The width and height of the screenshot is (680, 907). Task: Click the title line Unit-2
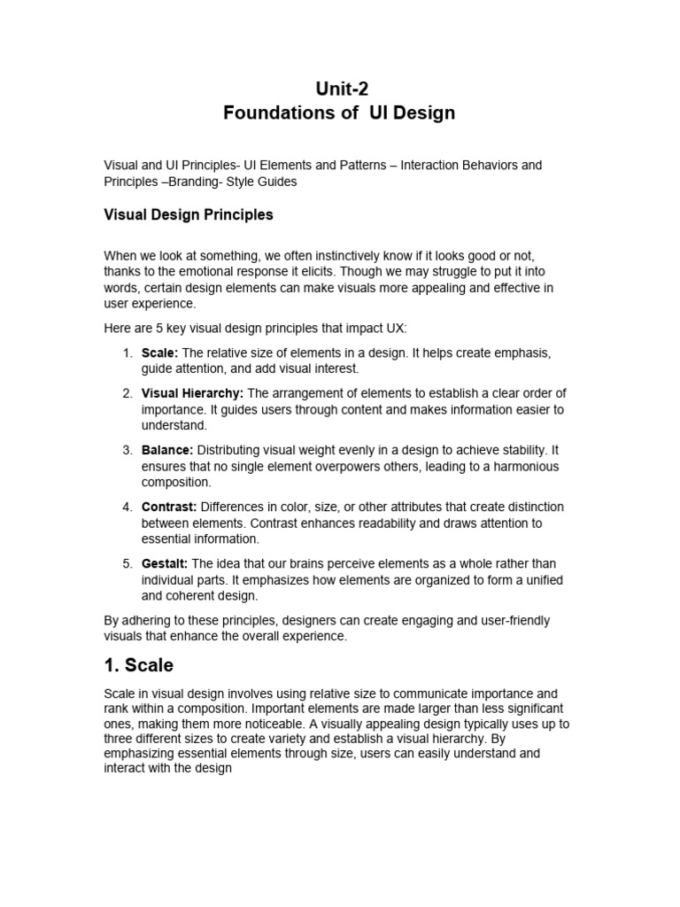(341, 87)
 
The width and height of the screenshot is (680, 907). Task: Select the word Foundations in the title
(269, 112)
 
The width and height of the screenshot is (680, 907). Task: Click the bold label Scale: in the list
(159, 353)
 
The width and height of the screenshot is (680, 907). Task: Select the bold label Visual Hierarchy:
(192, 393)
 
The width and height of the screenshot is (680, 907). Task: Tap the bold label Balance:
(166, 450)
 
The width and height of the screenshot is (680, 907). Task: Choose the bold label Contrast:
(169, 507)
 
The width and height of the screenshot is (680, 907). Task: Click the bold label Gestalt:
(165, 563)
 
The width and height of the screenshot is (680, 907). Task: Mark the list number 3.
(127, 450)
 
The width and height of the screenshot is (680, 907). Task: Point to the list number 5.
(127, 563)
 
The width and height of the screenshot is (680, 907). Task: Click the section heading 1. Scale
(139, 664)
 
